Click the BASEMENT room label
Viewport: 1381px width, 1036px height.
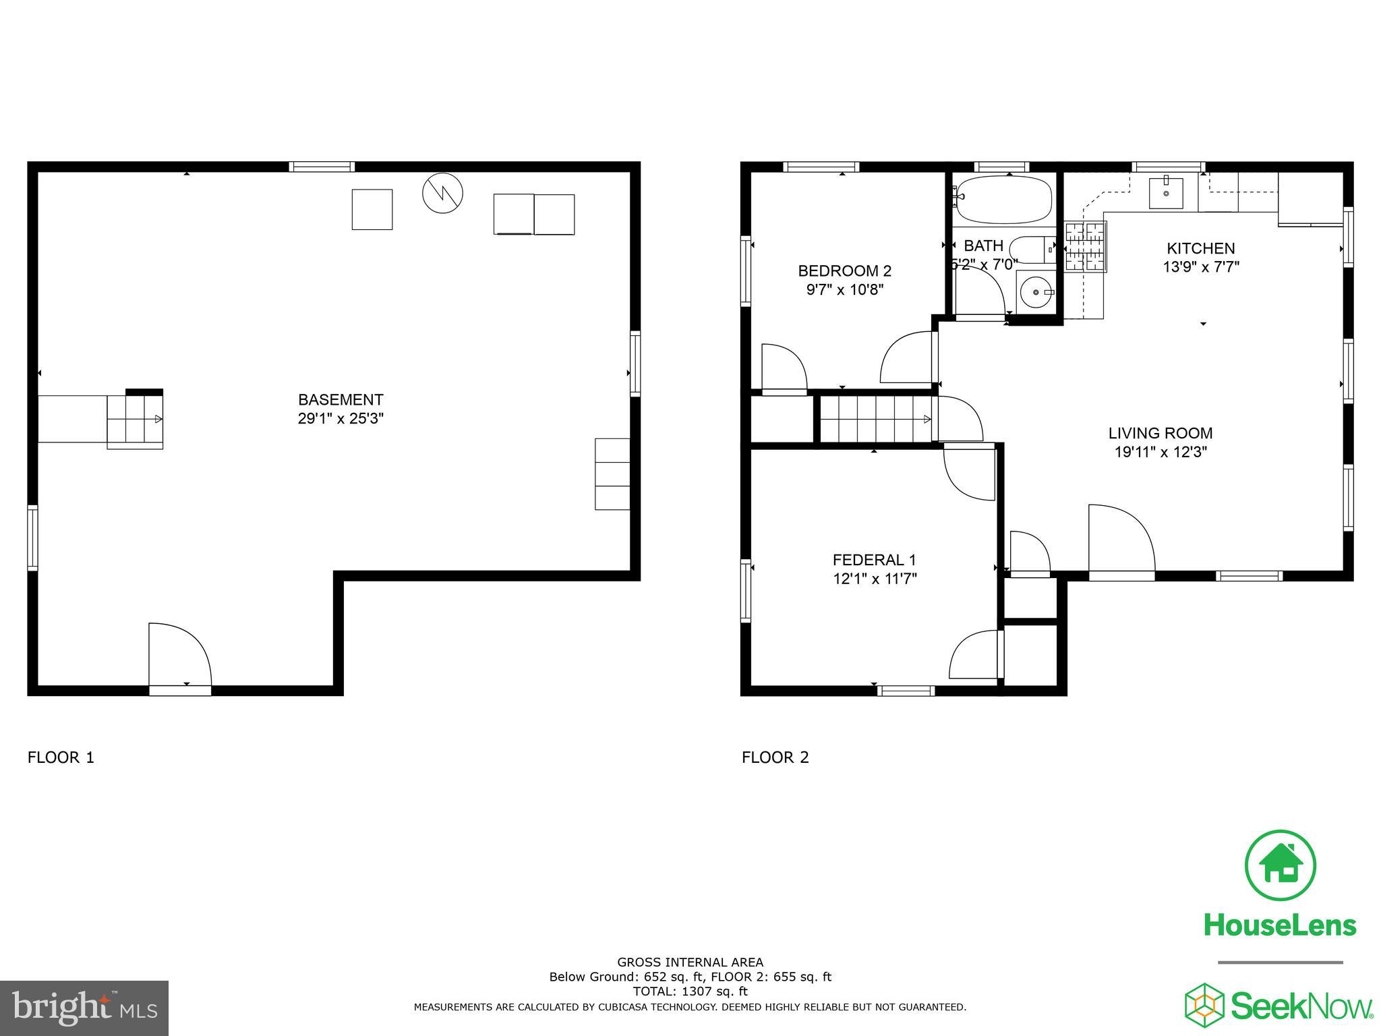(x=341, y=399)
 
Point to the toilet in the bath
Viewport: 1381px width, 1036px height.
(x=1032, y=250)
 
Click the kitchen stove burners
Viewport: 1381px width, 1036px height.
(x=1086, y=247)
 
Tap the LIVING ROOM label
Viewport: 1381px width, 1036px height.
(x=1160, y=433)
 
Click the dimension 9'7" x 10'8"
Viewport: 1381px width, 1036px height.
(x=844, y=290)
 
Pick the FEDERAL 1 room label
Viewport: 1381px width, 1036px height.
(x=874, y=560)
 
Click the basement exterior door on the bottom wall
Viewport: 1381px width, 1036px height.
(x=179, y=658)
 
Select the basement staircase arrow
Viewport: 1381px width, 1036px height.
(x=158, y=420)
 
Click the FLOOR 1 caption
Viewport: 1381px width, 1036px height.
(x=61, y=757)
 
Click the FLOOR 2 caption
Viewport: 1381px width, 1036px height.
(x=775, y=757)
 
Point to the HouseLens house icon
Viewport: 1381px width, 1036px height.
(x=1280, y=865)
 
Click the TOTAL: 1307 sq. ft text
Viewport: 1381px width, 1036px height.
(x=689, y=991)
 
